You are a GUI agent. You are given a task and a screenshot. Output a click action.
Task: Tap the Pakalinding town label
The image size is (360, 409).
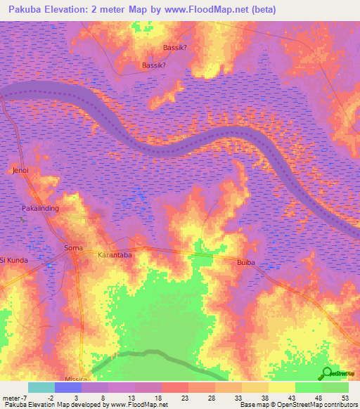(x=41, y=209)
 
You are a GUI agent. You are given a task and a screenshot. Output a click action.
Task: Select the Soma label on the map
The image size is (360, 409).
(x=73, y=248)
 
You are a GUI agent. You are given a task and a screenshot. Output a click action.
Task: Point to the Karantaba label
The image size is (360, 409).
(x=115, y=256)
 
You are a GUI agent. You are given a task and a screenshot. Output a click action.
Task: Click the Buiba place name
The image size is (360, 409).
(x=246, y=261)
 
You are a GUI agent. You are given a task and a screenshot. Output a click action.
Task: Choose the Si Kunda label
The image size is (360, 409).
(x=14, y=260)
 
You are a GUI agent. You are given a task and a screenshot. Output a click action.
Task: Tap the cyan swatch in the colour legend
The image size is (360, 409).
(x=41, y=387)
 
